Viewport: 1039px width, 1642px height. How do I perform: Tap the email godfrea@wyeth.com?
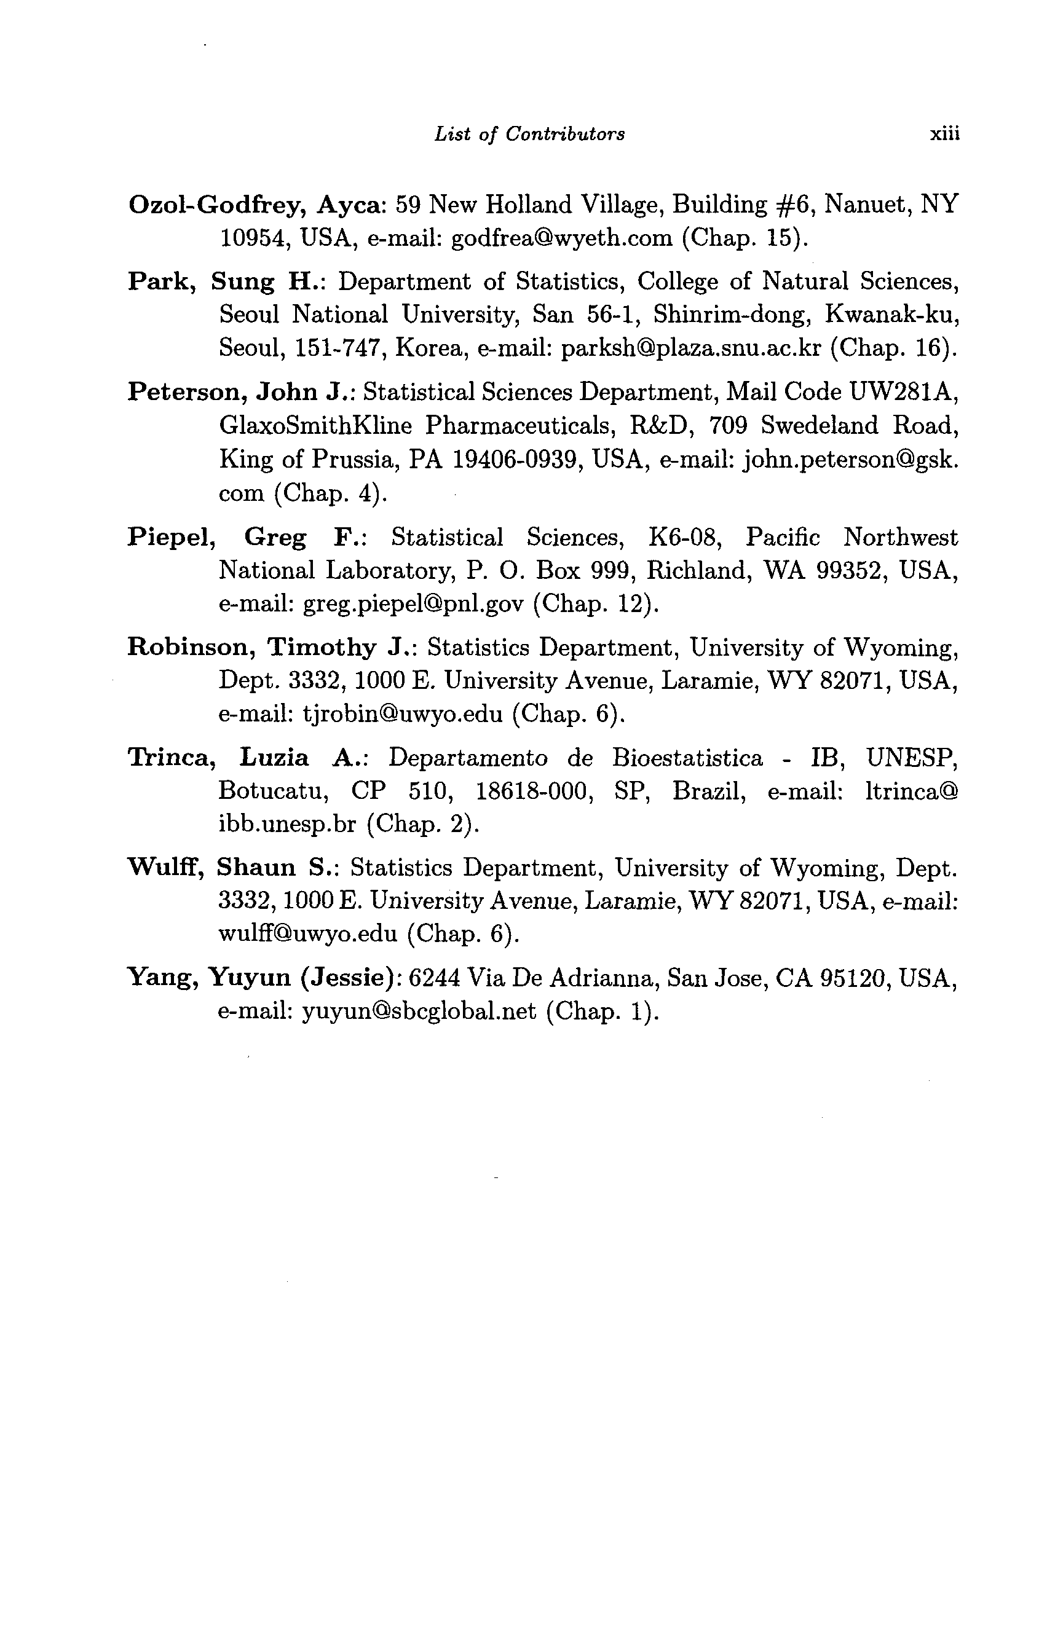[x=561, y=238]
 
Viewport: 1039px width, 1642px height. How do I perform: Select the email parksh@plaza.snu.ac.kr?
[x=690, y=348]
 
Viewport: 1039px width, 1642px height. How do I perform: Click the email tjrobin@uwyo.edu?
[x=403, y=714]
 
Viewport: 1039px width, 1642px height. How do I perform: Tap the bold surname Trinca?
[x=170, y=758]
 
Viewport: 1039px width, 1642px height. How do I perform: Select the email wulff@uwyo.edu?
[x=307, y=933]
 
